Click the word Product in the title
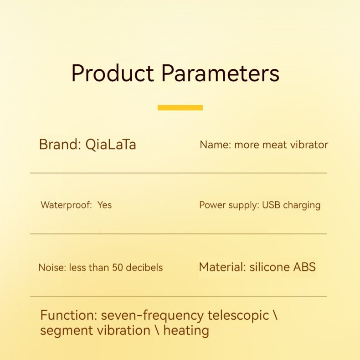(x=112, y=73)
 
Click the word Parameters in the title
(x=221, y=73)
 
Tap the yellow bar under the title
(x=180, y=108)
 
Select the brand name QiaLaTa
(x=111, y=145)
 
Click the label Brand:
(x=60, y=144)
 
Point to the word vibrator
(x=309, y=145)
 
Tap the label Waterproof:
(x=67, y=205)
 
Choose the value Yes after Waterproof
(x=104, y=205)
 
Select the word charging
(x=302, y=205)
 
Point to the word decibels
(x=144, y=267)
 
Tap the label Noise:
(x=52, y=267)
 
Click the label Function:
(x=69, y=315)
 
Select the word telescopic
(x=238, y=316)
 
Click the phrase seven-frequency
(x=152, y=316)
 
